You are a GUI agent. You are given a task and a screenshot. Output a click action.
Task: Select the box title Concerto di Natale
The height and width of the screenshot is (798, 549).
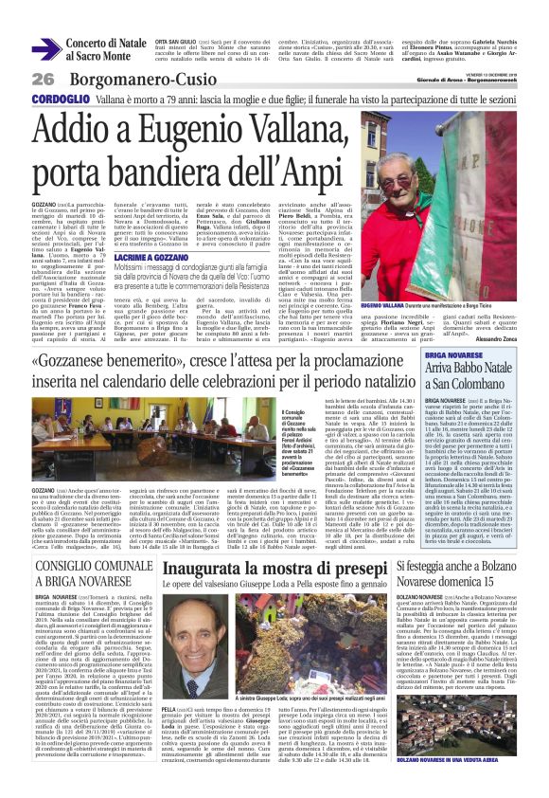[x=103, y=45]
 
